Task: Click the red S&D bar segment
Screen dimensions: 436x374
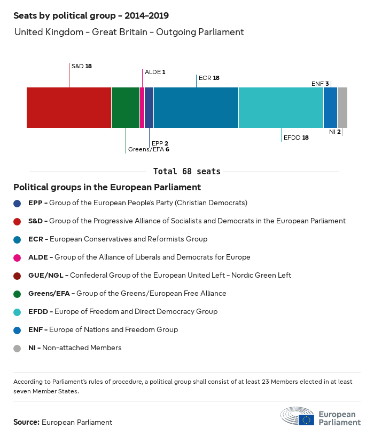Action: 69,108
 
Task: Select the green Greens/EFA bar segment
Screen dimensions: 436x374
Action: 126,108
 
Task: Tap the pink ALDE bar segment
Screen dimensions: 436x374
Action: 142,108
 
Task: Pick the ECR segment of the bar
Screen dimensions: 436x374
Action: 196,108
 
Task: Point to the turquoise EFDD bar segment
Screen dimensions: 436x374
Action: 281,108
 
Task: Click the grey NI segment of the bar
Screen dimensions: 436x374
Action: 342,108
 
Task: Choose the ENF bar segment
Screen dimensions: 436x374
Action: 330,108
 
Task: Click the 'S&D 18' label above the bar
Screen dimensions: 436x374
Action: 82,66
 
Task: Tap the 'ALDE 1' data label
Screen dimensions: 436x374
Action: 155,71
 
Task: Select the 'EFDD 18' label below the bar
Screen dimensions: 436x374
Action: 296,137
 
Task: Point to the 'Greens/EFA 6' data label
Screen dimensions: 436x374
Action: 149,150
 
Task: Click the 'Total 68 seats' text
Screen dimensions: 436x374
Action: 186,172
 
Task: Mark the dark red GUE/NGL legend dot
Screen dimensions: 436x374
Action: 18,276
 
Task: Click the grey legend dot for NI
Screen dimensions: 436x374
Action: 18,348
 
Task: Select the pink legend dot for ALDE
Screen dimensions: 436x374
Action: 18,257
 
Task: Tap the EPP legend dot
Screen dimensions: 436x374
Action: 18,203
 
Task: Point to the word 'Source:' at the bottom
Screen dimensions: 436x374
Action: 26,422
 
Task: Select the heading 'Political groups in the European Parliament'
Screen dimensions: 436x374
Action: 107,187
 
